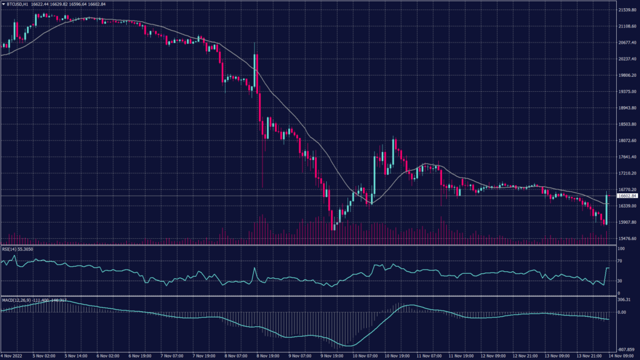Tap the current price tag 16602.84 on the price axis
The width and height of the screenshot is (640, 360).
tap(626, 196)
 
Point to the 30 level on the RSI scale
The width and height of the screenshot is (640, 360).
tap(619, 281)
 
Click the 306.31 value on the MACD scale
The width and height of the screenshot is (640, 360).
tap(623, 300)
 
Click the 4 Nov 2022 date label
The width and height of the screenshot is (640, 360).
tap(12, 356)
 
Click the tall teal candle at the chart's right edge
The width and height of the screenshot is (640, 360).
tap(607, 208)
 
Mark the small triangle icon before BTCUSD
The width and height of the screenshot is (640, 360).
tap(3, 4)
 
